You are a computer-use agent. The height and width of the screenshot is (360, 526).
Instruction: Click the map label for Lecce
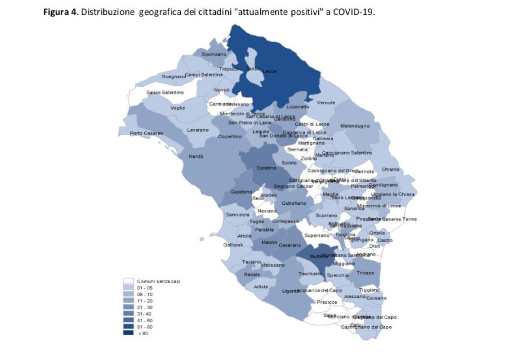tap(269, 72)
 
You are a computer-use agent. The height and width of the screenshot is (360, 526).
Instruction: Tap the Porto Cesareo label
tap(147, 133)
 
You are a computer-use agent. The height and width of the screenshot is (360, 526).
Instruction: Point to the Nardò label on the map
tap(196, 157)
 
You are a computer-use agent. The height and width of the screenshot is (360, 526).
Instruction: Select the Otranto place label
tap(390, 169)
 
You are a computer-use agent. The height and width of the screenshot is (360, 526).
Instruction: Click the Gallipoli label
tap(233, 245)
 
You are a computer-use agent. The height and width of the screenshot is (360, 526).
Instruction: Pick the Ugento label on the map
tap(290, 291)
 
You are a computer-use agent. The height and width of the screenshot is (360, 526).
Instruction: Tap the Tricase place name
tap(365, 273)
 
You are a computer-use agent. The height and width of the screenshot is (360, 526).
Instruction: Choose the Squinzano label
tap(214, 54)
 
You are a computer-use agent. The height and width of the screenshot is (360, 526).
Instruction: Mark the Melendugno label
tap(355, 126)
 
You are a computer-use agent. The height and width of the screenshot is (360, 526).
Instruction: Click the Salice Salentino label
tap(165, 92)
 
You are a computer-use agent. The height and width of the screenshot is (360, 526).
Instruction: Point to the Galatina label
tap(266, 168)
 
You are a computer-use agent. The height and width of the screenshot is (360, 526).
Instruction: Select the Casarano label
tap(290, 245)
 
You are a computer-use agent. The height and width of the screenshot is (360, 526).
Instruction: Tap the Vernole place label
tap(326, 103)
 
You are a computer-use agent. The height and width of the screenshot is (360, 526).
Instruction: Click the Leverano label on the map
tap(198, 130)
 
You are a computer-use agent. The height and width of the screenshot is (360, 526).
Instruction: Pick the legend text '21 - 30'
tap(145, 307)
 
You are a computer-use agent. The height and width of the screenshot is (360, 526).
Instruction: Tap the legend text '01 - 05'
tap(145, 288)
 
